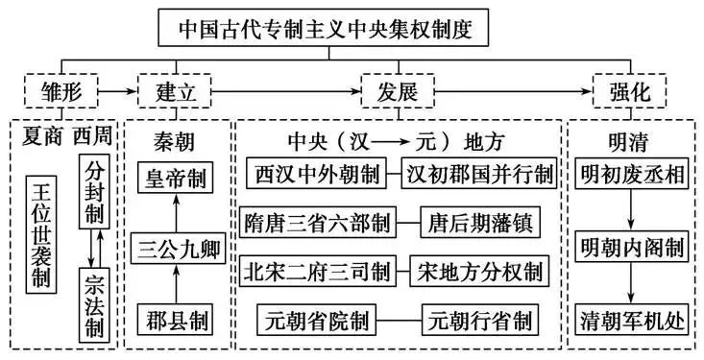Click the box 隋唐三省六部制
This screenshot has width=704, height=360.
(x=316, y=223)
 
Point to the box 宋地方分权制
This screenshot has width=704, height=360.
(x=478, y=271)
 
